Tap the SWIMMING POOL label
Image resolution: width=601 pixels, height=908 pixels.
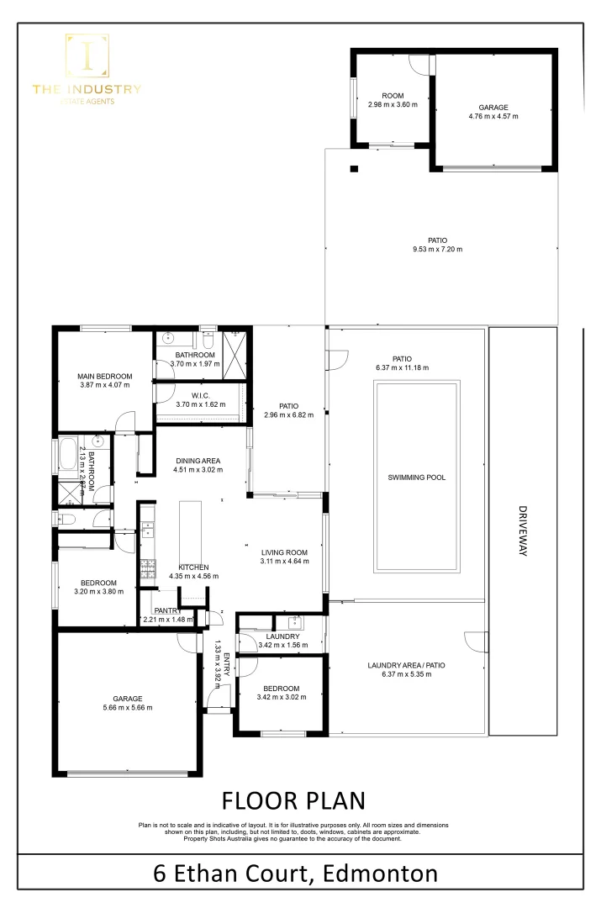pos(416,478)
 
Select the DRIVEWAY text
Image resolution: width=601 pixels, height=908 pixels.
pos(522,531)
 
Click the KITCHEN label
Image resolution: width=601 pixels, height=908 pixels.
pos(193,567)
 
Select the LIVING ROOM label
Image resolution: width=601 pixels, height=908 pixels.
pos(284,552)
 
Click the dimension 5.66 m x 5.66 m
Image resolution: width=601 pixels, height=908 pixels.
pos(129,709)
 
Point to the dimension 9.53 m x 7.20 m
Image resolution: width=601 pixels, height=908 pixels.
pos(437,249)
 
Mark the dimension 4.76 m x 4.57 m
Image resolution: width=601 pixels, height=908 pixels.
pos(493,116)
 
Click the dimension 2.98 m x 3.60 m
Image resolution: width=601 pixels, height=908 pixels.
pos(393,105)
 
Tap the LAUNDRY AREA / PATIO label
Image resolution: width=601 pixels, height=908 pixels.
pos(407,666)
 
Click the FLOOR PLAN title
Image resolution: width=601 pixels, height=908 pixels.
pos(293,798)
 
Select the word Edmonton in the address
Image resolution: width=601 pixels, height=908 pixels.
pos(380,874)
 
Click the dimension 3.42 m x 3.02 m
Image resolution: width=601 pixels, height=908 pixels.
pos(279,697)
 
